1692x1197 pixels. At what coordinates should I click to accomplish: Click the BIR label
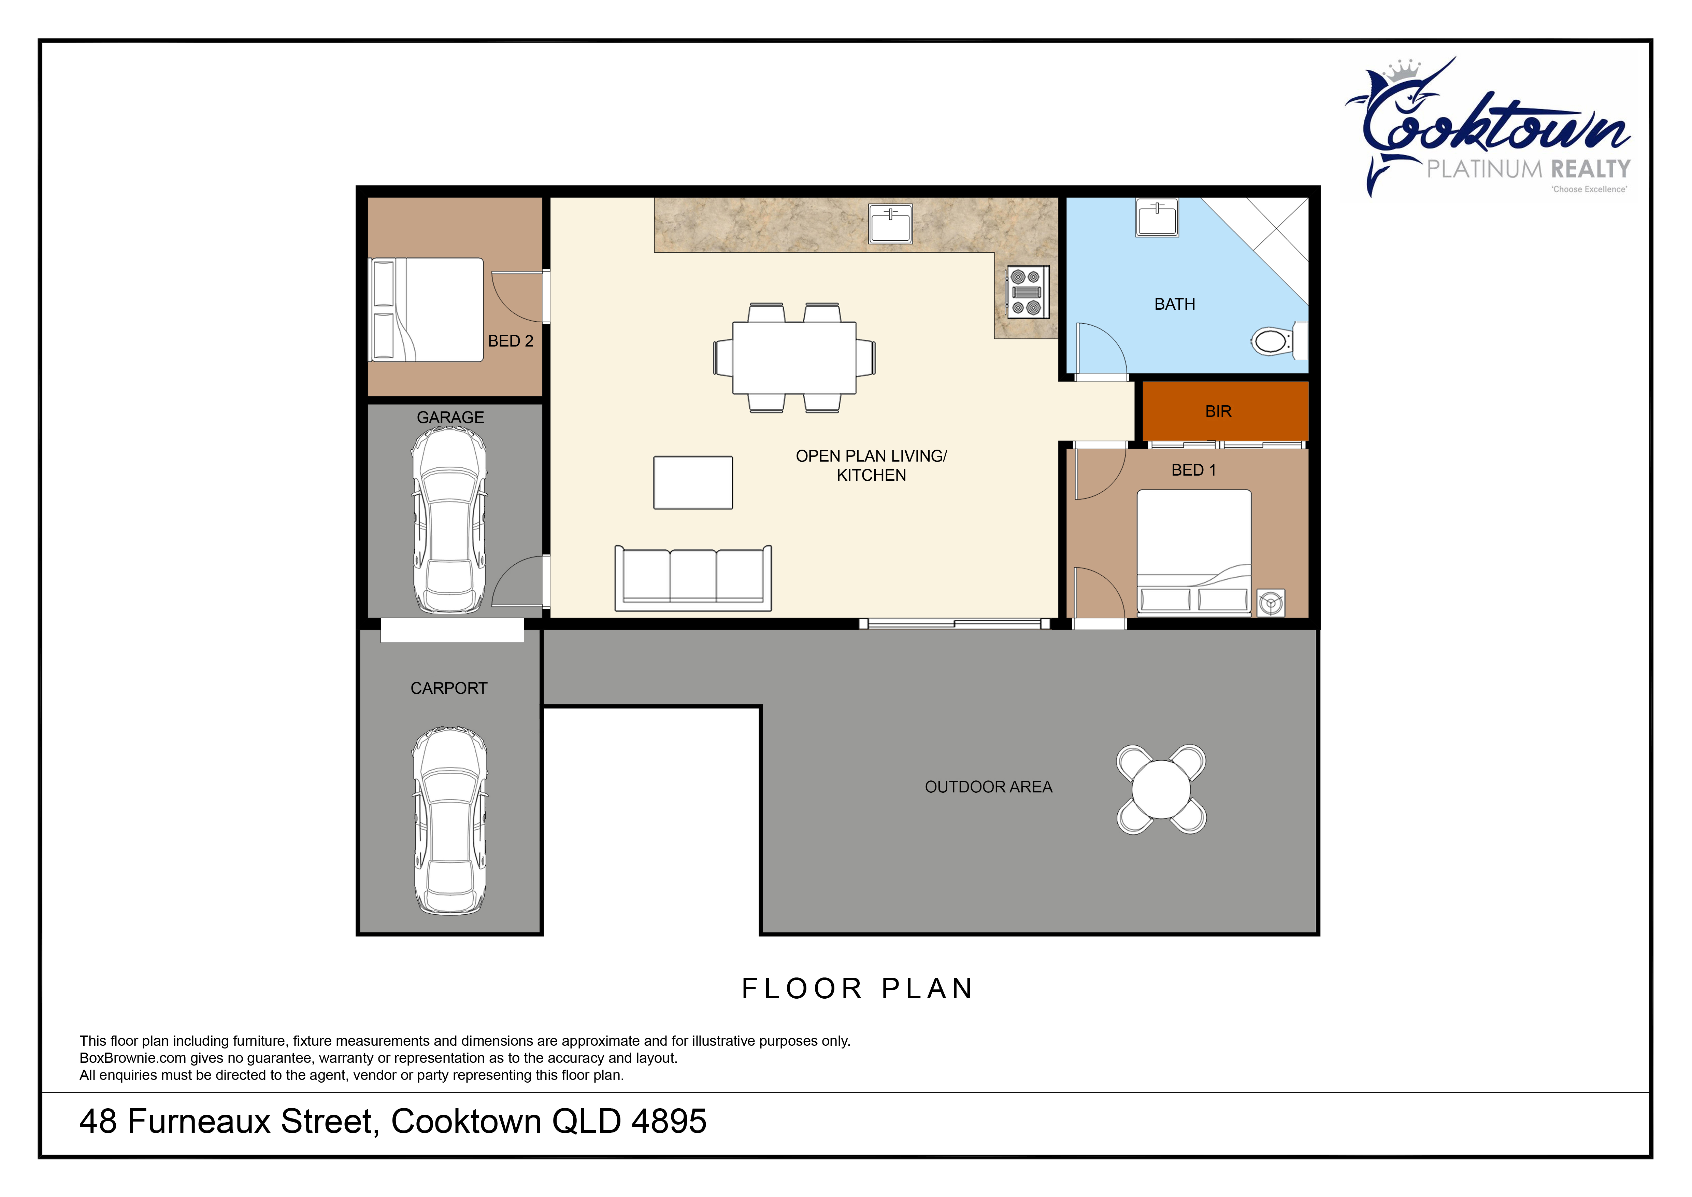pyautogui.click(x=1218, y=411)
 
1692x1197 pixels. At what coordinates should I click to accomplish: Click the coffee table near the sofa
pyautogui.click(x=693, y=483)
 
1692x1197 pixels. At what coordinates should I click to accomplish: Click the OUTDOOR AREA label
pyautogui.click(x=988, y=787)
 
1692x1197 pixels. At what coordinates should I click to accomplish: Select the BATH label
pyautogui.click(x=1175, y=305)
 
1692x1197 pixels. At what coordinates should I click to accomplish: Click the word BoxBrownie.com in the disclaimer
pyautogui.click(x=133, y=1058)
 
